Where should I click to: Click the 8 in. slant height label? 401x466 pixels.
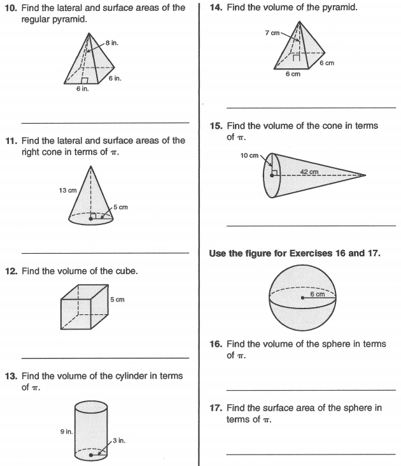click(111, 43)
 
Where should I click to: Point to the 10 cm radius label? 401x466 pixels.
click(249, 156)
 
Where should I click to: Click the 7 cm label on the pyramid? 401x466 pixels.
click(272, 33)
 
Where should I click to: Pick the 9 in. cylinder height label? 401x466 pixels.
click(66, 432)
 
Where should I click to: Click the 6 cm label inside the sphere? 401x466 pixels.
click(317, 294)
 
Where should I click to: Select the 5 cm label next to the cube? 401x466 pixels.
click(117, 299)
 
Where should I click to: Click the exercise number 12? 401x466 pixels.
click(13, 271)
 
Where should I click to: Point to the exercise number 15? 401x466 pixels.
click(215, 126)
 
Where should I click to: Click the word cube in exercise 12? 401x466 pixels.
click(125, 271)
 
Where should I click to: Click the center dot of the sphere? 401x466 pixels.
click(302, 297)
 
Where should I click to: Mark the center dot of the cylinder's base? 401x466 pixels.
click(92, 455)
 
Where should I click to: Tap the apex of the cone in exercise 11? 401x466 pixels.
click(92, 166)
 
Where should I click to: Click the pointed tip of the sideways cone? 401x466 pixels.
click(365, 175)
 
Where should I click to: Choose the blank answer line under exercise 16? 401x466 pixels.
click(311, 389)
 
